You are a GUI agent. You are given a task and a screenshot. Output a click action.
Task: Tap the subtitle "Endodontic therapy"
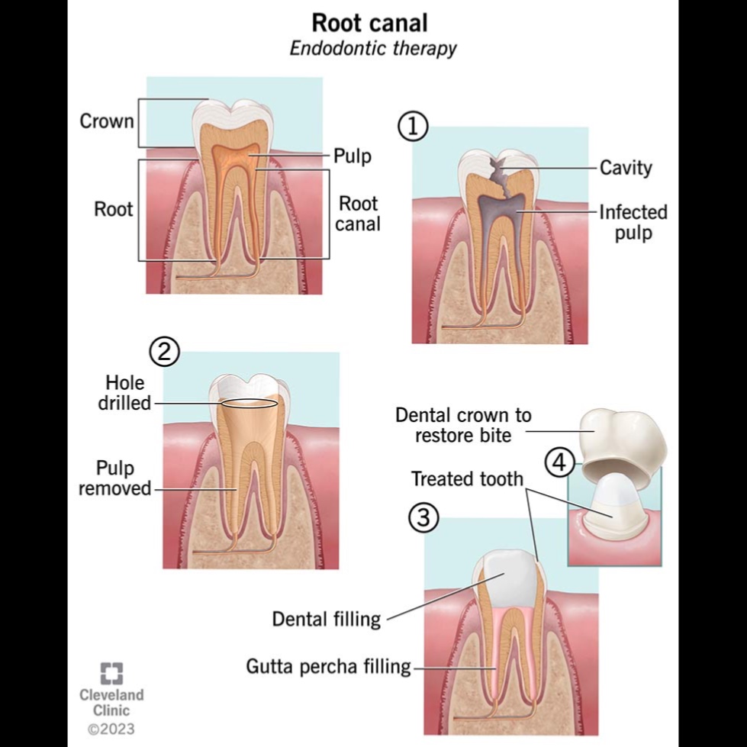(373, 49)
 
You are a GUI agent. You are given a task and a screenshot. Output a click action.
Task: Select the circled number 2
(164, 352)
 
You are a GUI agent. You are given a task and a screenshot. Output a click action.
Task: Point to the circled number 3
(423, 519)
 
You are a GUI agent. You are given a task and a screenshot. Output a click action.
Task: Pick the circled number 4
(560, 463)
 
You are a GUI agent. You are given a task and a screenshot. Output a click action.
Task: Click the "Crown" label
(107, 121)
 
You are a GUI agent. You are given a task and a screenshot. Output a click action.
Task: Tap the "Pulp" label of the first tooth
(352, 156)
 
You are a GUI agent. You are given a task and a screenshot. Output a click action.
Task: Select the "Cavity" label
(626, 167)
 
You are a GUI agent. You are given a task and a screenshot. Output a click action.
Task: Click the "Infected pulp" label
(633, 222)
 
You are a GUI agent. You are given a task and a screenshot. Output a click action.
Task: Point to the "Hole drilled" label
(125, 392)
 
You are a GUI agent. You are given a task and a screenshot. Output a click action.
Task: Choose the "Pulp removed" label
(115, 478)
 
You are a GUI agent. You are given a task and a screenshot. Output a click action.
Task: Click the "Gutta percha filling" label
(328, 667)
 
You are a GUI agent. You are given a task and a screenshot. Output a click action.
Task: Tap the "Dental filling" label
(327, 618)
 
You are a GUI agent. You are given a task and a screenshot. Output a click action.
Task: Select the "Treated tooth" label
(467, 479)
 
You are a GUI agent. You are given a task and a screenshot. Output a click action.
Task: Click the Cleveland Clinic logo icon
(111, 672)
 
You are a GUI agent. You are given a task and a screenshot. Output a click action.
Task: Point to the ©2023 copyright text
(111, 729)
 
